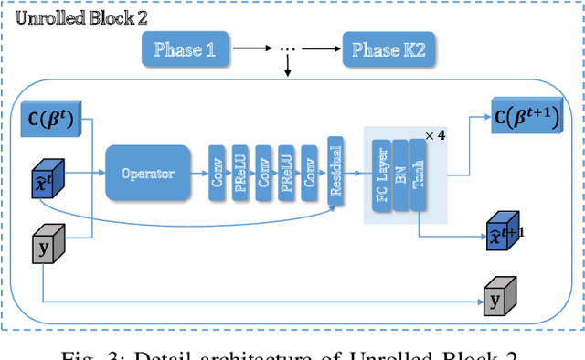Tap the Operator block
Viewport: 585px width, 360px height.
(149, 172)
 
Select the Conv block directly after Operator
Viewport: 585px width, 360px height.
(218, 173)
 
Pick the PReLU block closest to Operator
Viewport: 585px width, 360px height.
(239, 173)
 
